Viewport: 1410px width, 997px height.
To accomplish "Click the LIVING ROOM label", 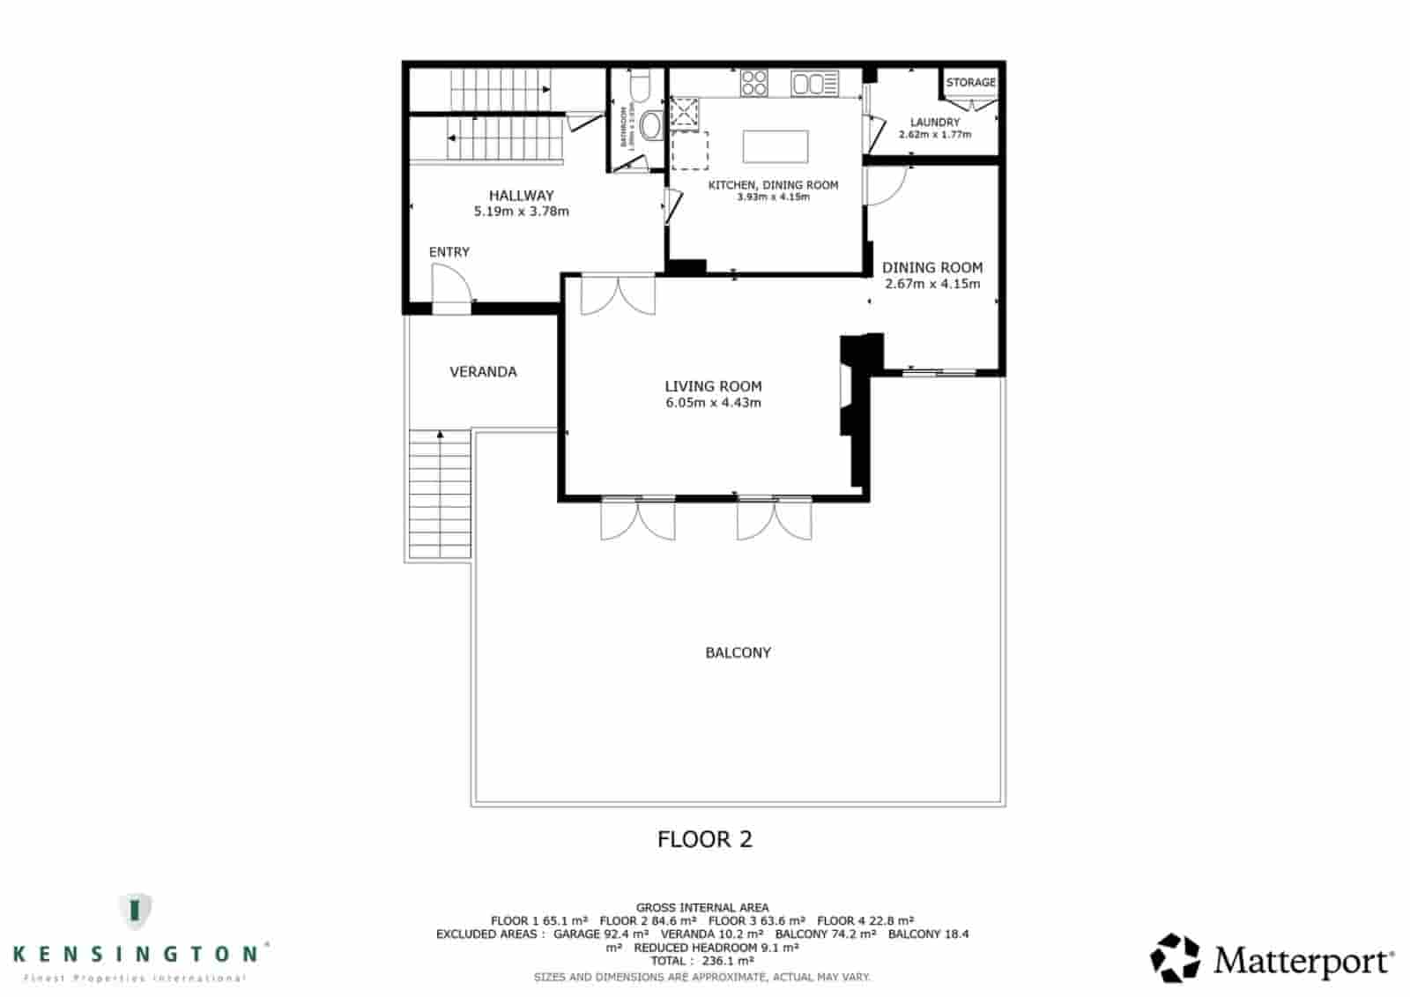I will tap(713, 386).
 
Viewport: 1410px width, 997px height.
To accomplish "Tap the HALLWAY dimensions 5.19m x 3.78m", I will tap(521, 212).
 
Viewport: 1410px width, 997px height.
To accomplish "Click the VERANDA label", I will tap(483, 372).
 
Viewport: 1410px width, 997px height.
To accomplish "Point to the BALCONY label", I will tap(738, 653).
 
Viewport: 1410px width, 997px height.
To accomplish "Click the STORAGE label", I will tap(970, 82).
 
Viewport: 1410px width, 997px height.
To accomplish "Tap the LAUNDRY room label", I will tap(934, 123).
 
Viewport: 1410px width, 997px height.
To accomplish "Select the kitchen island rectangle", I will tap(775, 146).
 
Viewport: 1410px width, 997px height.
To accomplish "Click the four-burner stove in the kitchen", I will tap(754, 84).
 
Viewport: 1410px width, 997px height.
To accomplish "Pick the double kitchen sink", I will tap(814, 85).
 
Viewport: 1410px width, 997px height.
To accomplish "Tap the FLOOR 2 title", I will tap(705, 839).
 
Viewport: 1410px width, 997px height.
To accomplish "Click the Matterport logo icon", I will tap(1175, 957).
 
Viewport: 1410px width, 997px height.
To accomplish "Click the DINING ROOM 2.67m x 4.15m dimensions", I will tap(932, 284).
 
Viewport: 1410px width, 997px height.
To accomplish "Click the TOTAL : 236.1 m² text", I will tap(702, 961).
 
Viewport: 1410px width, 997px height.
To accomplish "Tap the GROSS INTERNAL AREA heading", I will tap(702, 907).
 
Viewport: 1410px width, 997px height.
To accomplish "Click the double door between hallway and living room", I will tap(618, 296).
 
